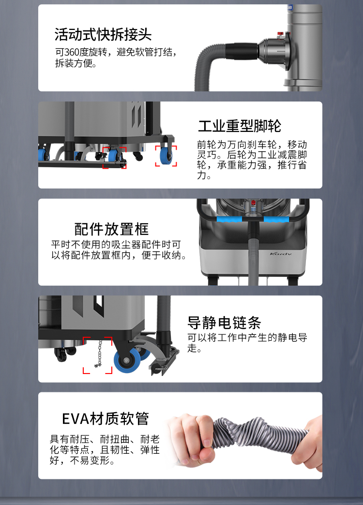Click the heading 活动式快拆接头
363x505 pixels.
coord(103,34)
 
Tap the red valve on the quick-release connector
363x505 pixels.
coord(280,33)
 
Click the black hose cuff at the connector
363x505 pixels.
coord(241,51)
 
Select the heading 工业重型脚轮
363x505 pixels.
coord(240,126)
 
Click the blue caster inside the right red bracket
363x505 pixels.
coord(166,156)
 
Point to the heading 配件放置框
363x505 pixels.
coord(111,229)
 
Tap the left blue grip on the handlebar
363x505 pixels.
coord(229,219)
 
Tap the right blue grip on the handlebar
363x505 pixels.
coord(276,219)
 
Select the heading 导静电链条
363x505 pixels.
coord(224,322)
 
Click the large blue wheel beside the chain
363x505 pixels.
coord(127,360)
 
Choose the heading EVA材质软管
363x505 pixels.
coord(105,418)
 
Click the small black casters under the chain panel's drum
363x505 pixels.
coord(64,353)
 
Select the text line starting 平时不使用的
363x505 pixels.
coord(116,245)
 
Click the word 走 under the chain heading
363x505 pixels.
coord(192,348)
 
